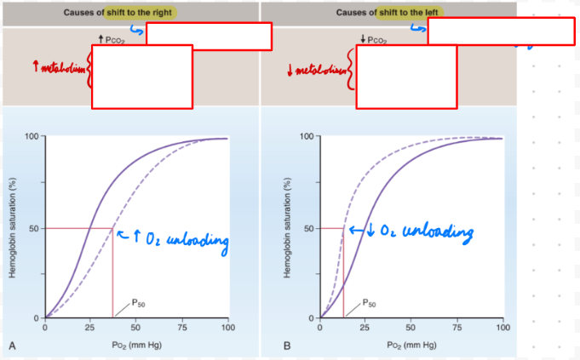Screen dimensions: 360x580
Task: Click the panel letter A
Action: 12,345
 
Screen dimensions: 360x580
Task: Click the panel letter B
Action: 287,345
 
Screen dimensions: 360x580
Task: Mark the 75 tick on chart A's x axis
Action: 182,327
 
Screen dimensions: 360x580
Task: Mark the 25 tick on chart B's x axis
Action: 365,327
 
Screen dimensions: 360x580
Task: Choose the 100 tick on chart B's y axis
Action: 307,136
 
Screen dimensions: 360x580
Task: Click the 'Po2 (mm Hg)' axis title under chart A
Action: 136,345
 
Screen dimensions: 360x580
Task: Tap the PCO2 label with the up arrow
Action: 113,40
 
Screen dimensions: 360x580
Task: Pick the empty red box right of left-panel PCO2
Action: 209,36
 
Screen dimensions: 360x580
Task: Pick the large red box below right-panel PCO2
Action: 406,77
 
